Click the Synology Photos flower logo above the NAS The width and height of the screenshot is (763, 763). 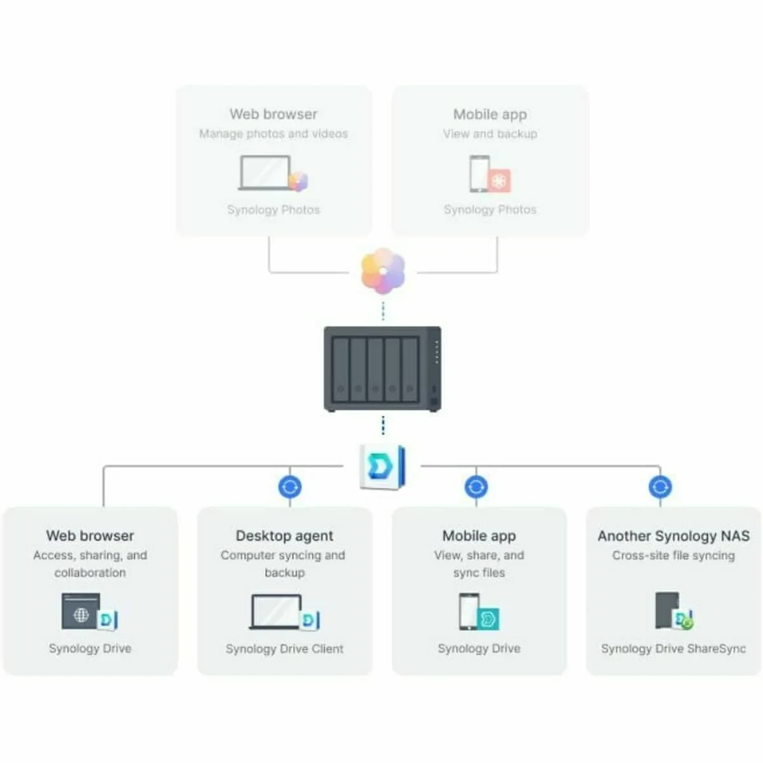coord(383,272)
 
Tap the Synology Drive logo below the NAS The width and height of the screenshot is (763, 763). coord(382,467)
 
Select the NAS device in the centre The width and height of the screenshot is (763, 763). coord(382,369)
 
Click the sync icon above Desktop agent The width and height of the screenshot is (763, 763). coord(290,487)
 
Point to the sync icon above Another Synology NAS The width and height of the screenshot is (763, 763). coord(660,487)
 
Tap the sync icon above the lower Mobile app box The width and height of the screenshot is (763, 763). coord(476,487)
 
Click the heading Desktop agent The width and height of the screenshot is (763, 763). coord(284,536)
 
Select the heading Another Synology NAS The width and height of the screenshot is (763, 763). coord(673,536)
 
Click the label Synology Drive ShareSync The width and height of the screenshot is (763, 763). coord(673,649)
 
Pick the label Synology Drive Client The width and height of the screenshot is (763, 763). coord(284,649)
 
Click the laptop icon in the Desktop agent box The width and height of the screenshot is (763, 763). coord(277,612)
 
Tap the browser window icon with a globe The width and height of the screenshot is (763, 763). coord(81,612)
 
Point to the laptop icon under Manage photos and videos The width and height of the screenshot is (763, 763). coord(265,172)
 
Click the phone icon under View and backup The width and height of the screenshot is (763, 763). coord(479,173)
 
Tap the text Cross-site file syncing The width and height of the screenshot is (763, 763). coord(673,555)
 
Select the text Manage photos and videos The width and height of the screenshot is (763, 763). coord(273,134)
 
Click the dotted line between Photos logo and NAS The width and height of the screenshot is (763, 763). coord(383,312)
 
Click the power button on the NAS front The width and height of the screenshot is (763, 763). coord(434,402)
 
